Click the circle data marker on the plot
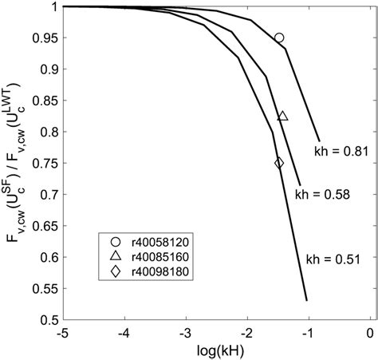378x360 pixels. coord(279,38)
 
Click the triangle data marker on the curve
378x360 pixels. coord(282,117)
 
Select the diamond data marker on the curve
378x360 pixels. coord(279,163)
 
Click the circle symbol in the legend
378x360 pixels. coord(115,239)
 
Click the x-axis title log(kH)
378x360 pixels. coord(216,350)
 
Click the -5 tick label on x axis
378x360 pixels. coord(61,332)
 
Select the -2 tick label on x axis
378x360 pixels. coord(246,332)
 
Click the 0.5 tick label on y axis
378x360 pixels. coord(45,320)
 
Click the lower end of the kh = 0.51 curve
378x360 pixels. coord(306,300)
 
